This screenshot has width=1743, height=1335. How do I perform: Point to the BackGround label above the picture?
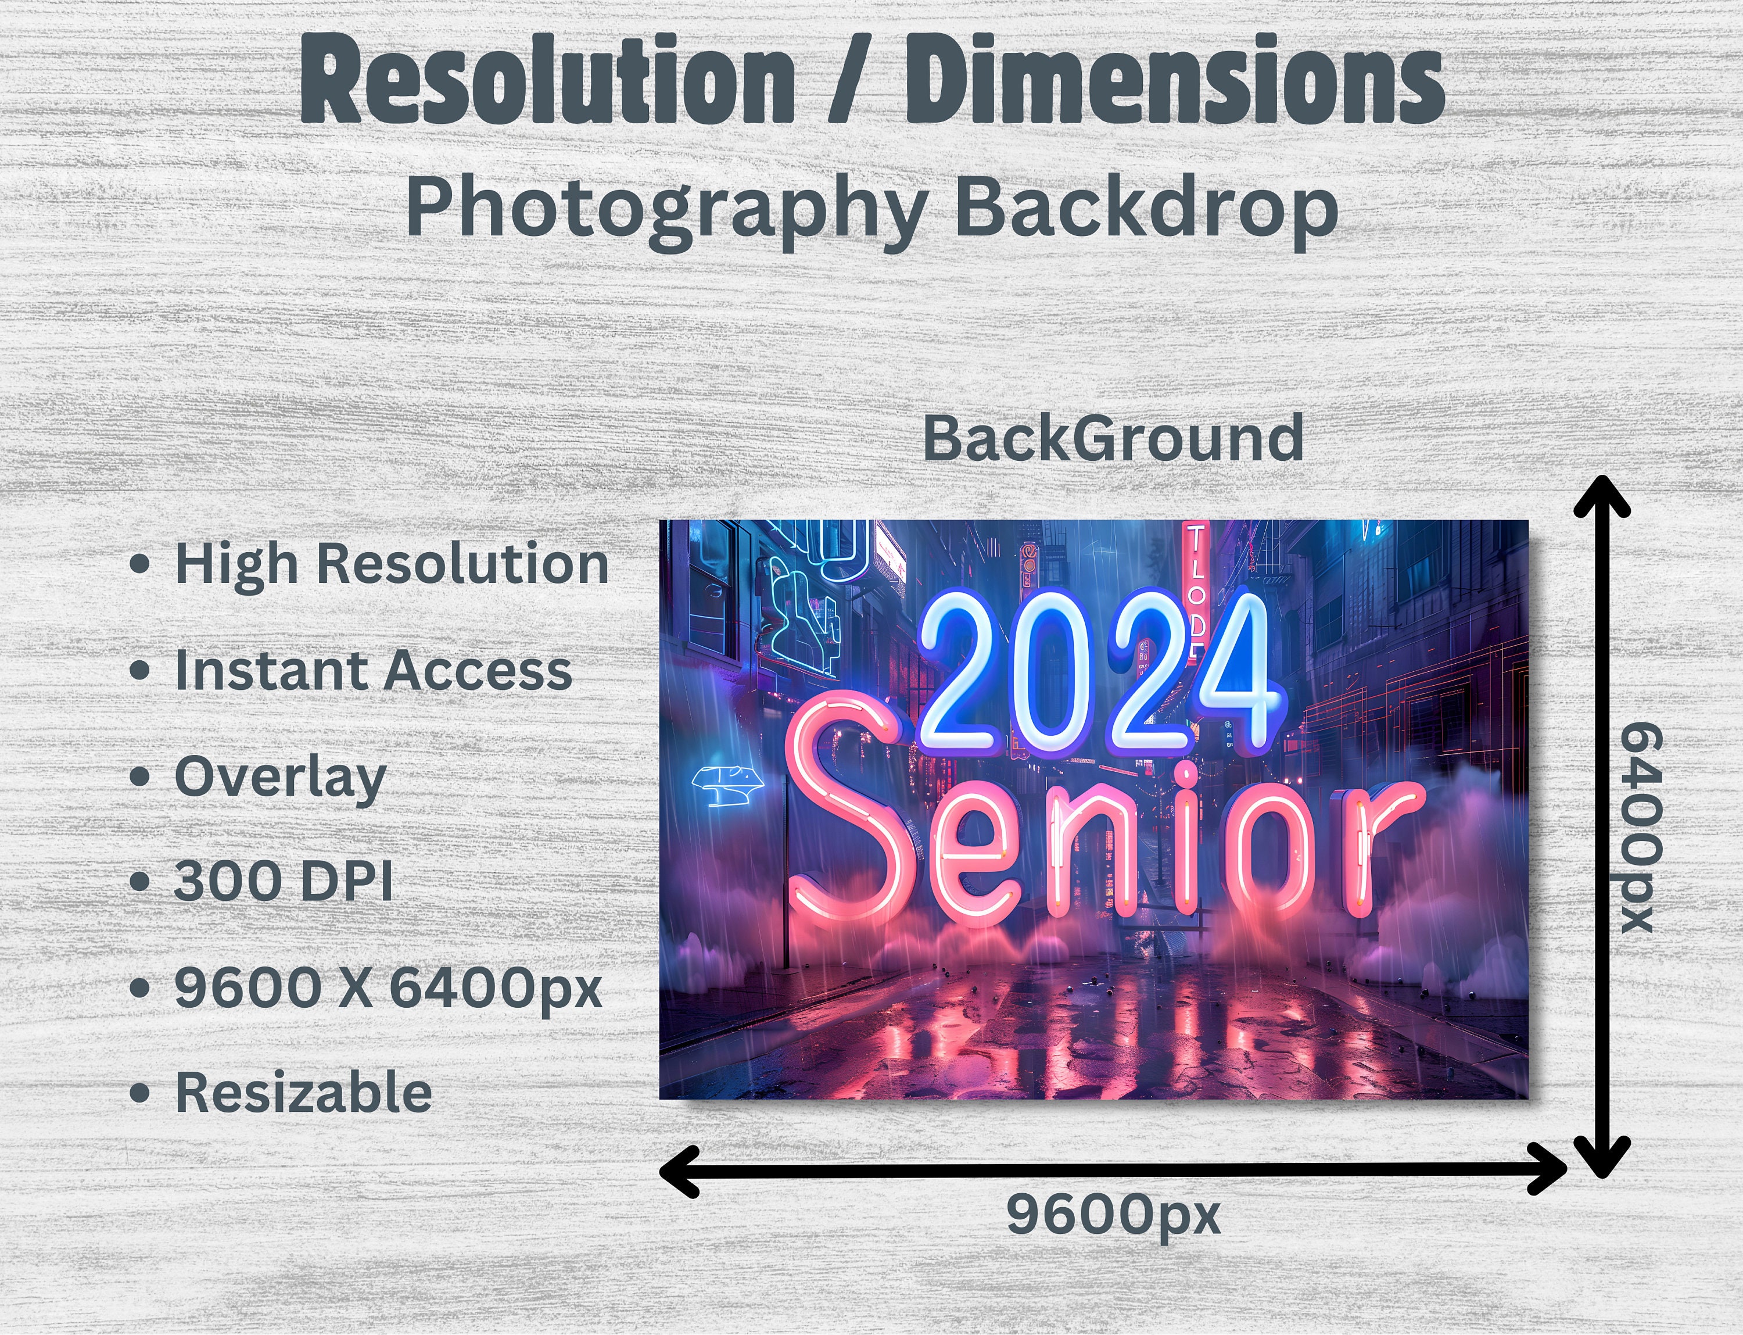pos(1112,439)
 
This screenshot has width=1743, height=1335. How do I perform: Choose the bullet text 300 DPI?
pos(283,881)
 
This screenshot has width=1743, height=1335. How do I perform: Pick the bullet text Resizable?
pos(303,1093)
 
